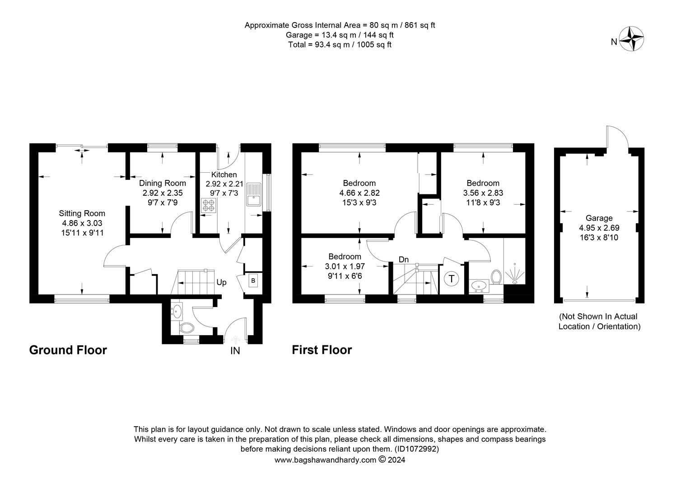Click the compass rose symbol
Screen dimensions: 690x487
(631, 38)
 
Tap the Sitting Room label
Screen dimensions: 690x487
(82, 213)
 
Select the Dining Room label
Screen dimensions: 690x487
(162, 183)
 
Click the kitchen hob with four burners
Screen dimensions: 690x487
(208, 206)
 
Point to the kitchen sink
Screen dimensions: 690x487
(253, 194)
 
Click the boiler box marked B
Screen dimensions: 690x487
(253, 280)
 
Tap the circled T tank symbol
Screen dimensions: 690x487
(452, 279)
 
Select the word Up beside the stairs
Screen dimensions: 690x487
(221, 282)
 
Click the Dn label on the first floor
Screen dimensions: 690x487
(404, 260)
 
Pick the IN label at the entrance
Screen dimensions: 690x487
(235, 351)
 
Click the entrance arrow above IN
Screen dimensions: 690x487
(235, 340)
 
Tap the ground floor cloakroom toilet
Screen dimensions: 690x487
(186, 328)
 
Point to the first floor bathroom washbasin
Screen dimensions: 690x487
(479, 286)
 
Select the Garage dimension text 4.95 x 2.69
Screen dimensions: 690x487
(599, 228)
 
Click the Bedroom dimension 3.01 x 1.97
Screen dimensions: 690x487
(345, 266)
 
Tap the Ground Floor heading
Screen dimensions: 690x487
(68, 350)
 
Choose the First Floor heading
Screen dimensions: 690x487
(322, 350)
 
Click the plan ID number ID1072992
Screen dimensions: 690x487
(416, 449)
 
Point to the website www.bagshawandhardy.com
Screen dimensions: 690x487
(325, 460)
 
